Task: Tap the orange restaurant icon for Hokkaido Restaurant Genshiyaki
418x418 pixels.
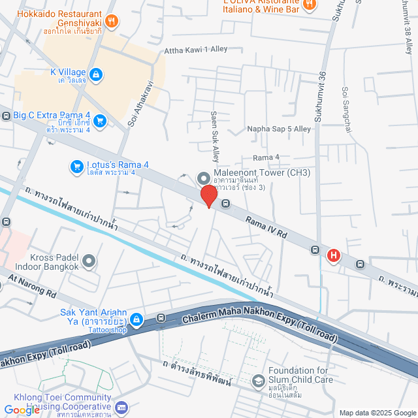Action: click(112, 22)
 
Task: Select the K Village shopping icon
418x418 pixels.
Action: click(96, 74)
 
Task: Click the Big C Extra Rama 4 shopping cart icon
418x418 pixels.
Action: click(99, 120)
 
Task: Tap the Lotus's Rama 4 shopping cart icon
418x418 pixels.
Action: click(76, 168)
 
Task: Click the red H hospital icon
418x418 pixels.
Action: click(334, 255)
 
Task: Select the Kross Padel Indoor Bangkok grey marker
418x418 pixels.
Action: click(89, 261)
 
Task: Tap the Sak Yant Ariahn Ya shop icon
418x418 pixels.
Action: click(137, 319)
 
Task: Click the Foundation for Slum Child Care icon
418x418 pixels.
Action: click(259, 380)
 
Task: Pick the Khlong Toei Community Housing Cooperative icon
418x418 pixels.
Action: click(120, 408)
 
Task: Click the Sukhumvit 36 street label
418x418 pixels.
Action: click(320, 99)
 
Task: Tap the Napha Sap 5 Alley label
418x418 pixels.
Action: click(279, 129)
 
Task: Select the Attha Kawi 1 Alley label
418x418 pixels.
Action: click(196, 50)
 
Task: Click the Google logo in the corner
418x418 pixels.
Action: click(22, 410)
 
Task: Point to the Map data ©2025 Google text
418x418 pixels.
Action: click(377, 413)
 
